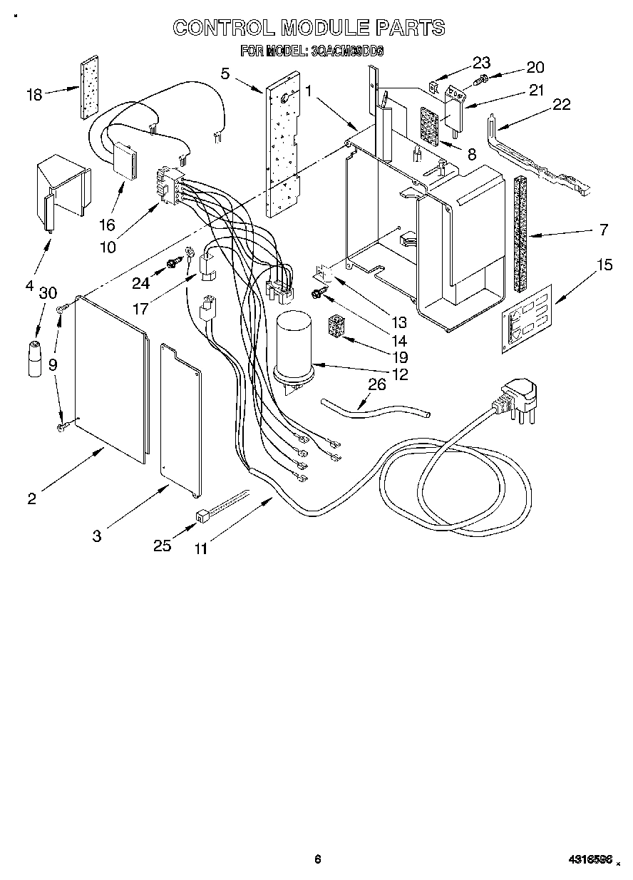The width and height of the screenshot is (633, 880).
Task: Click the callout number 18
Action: tap(35, 93)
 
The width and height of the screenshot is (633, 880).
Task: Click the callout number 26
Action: tap(376, 385)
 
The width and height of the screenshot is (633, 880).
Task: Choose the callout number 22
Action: tap(562, 104)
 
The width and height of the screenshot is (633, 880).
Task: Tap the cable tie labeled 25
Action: tap(213, 508)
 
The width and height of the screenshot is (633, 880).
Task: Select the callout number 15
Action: tap(604, 266)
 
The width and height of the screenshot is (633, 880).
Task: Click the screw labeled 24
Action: tap(172, 263)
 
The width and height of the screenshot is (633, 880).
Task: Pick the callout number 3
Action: tap(97, 536)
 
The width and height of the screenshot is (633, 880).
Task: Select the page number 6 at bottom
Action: tap(318, 859)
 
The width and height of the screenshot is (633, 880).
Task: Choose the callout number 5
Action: tap(225, 73)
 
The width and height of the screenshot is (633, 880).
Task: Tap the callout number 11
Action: tap(201, 549)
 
